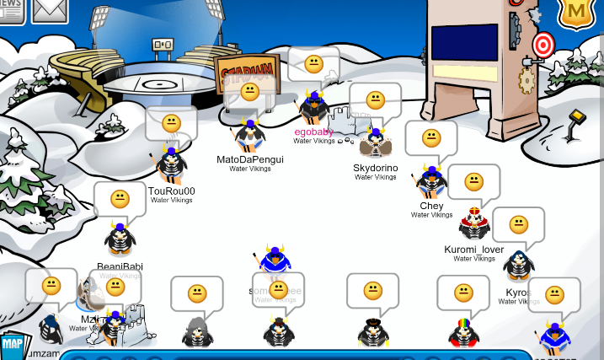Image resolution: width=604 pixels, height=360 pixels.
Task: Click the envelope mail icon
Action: [50, 9]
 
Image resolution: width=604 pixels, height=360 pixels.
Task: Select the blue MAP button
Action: [12, 344]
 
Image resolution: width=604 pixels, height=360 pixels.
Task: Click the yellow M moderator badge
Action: [576, 12]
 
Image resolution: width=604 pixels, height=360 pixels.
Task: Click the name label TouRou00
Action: [171, 191]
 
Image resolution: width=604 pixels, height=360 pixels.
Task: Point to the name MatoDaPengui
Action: [249, 159]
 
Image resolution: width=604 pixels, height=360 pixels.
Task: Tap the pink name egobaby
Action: [313, 132]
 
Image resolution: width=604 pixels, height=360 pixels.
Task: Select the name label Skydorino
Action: [375, 168]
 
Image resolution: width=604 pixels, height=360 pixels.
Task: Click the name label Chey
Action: [431, 206]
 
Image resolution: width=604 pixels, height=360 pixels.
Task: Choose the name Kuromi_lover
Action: [473, 250]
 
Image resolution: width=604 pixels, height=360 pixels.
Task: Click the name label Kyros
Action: [517, 293]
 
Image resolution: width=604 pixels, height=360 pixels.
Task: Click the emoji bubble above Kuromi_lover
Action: [473, 181]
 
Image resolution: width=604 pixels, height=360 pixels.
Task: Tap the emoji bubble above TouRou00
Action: [171, 122]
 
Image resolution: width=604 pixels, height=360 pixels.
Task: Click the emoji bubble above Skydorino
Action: [375, 100]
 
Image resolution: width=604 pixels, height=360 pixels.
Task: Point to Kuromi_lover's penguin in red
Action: [473, 223]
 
